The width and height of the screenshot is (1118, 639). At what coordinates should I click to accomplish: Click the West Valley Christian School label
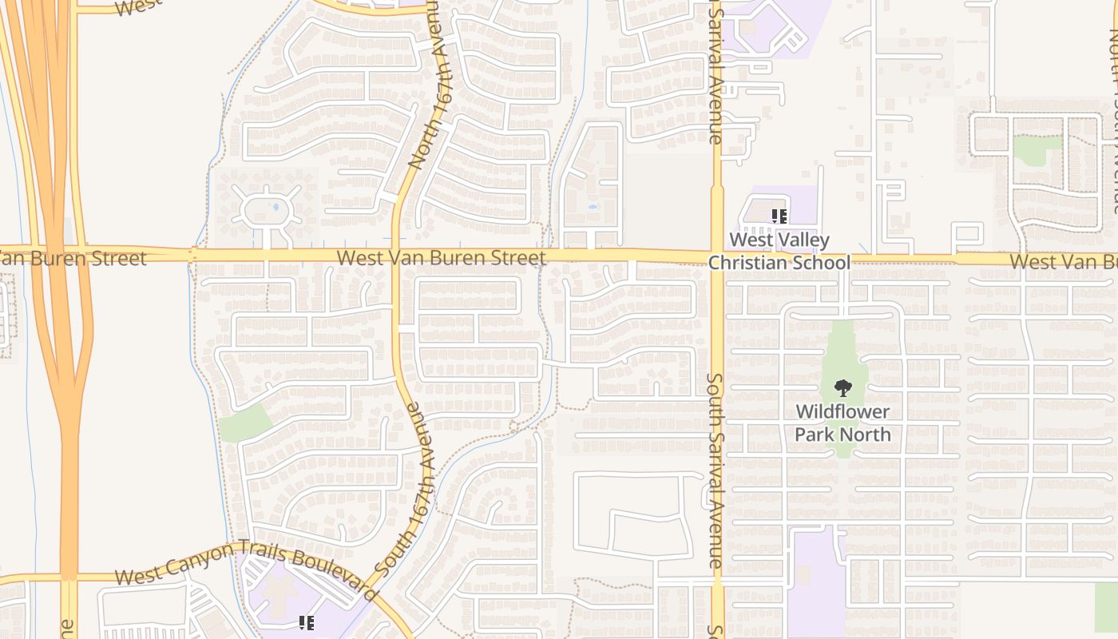coord(779,251)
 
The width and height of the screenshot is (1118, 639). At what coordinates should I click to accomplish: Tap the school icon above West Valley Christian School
coord(779,216)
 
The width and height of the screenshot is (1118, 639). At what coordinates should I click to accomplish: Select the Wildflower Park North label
coord(842,423)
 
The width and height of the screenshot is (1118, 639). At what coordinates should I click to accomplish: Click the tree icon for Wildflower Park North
coord(842,389)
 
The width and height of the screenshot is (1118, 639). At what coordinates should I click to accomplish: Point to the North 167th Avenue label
coord(431,88)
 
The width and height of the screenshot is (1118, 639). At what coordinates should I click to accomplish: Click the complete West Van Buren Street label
coord(442,258)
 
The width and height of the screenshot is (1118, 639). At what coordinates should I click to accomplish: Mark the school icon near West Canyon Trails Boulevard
coord(306,622)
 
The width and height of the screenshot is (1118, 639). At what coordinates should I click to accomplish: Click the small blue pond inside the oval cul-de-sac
coord(276,206)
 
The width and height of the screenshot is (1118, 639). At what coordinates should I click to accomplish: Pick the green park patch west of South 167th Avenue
coord(245,423)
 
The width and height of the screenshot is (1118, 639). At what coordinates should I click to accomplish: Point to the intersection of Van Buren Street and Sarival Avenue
coord(716,257)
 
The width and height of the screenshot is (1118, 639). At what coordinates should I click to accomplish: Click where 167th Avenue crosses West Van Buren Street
coord(396,256)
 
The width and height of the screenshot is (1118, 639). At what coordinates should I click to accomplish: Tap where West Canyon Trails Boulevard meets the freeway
coord(69,576)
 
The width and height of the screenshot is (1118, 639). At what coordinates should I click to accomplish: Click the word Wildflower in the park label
coord(842,413)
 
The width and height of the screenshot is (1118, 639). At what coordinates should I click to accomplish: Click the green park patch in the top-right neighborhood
coord(1037,149)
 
